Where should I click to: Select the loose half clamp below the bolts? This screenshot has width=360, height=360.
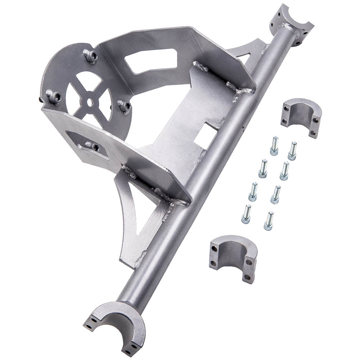point(234,258)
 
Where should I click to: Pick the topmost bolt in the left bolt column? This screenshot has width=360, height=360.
point(274,145)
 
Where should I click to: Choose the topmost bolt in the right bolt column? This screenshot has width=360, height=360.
point(292,150)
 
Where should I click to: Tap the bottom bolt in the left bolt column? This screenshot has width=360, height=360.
point(246,214)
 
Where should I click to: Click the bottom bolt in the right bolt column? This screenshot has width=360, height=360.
point(269,221)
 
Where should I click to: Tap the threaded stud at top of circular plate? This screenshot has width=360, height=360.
point(91,55)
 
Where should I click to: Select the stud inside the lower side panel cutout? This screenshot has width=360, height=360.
point(92,145)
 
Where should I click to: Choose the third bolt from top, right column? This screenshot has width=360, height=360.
point(275,194)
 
